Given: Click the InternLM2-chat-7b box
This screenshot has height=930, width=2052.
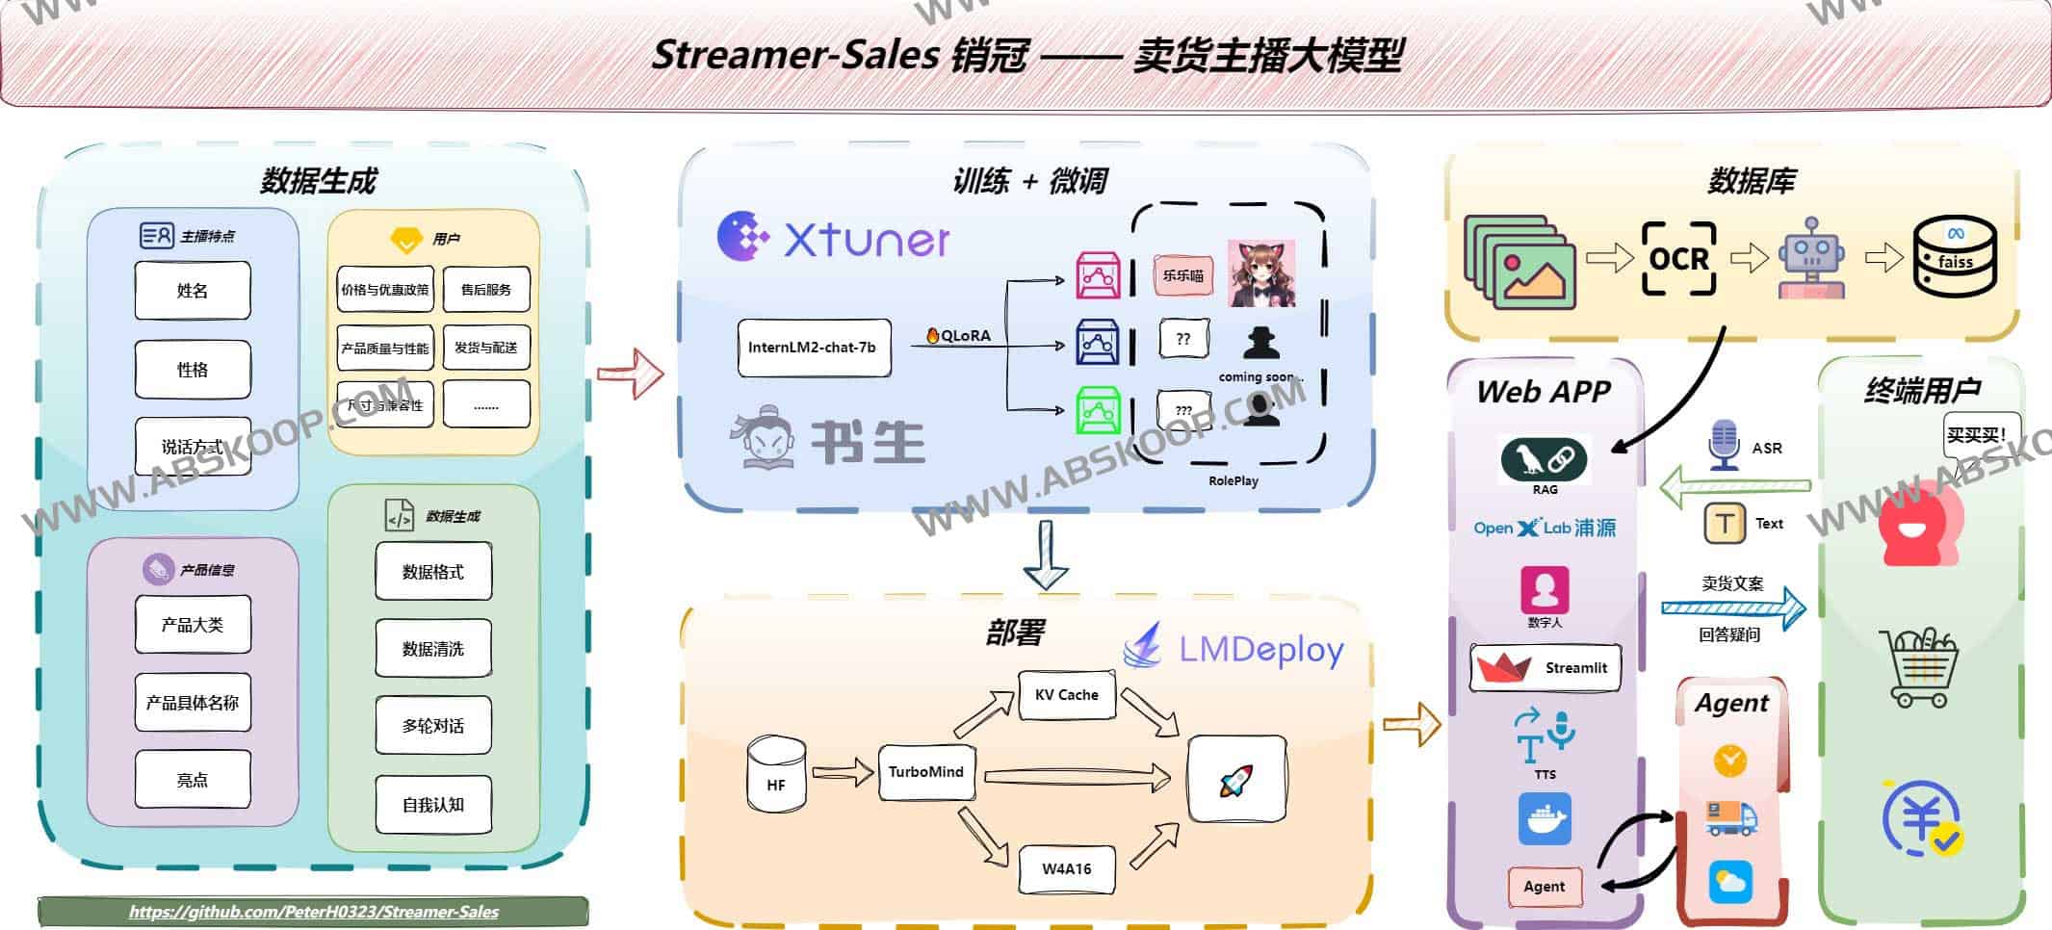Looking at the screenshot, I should [x=813, y=348].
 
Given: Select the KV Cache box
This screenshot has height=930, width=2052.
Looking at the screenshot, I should [x=1066, y=695].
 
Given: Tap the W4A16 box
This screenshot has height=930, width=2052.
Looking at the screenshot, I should [x=1066, y=868].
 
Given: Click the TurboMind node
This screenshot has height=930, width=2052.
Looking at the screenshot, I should [x=925, y=772].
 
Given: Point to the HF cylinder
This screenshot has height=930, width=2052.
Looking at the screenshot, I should [x=776, y=776].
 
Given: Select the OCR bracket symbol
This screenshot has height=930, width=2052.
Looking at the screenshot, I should [x=1678, y=258].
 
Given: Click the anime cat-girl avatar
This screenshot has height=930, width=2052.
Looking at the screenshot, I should [x=1260, y=274].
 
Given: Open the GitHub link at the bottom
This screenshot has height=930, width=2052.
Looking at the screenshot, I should [x=314, y=912].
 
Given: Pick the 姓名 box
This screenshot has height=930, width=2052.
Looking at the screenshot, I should [x=193, y=291].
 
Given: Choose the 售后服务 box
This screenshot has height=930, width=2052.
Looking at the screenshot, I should [x=486, y=290].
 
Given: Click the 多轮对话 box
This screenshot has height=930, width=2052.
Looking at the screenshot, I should [x=433, y=726].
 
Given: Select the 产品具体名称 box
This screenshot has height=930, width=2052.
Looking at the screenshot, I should [x=193, y=703].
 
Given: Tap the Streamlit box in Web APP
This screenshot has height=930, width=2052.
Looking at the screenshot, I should [x=1545, y=668].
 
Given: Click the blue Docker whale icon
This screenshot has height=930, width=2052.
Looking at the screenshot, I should [x=1545, y=819].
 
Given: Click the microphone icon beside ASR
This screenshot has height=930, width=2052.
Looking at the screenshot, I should [x=1723, y=446].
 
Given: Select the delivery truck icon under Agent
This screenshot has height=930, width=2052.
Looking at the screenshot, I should [x=1730, y=818].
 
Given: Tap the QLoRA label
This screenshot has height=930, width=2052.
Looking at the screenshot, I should [x=959, y=335].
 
